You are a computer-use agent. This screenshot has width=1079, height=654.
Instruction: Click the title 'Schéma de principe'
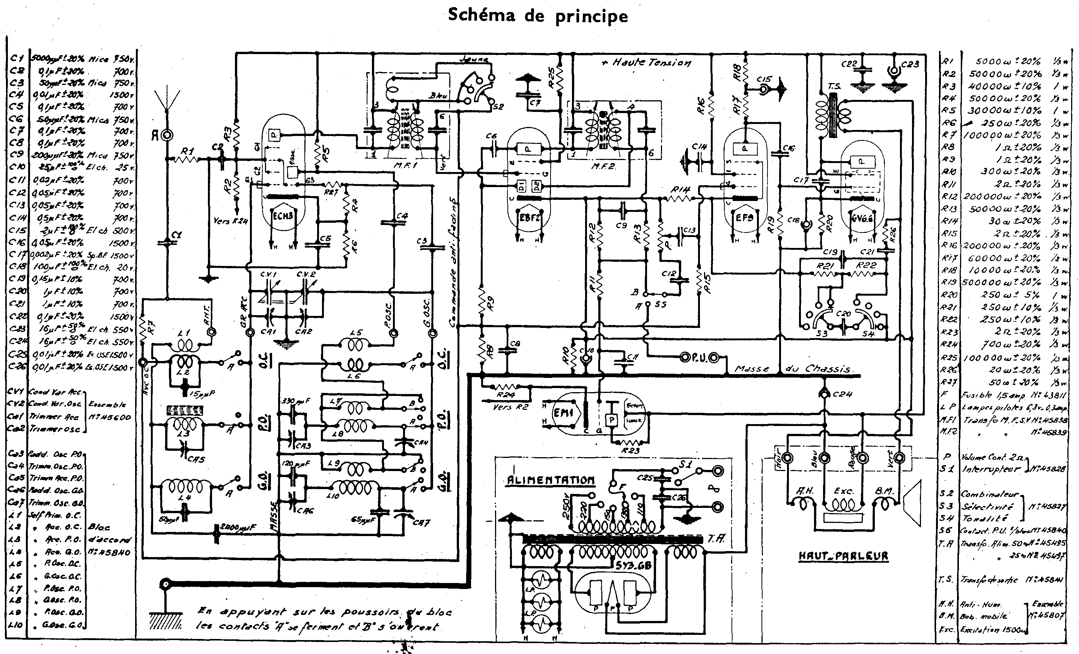[538, 16]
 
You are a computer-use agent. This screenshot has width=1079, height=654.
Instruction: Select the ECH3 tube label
[283, 216]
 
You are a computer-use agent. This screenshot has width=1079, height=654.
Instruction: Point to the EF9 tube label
[745, 217]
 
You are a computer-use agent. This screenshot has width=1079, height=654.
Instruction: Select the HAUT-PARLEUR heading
[843, 556]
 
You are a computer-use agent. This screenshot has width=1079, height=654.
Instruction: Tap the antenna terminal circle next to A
[167, 136]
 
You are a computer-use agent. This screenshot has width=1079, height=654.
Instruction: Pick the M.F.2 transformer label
[603, 166]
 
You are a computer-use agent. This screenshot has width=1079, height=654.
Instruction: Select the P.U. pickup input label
[699, 358]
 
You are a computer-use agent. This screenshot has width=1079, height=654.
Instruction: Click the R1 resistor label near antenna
[187, 151]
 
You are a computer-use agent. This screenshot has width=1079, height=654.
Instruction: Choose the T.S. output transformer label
[834, 86]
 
